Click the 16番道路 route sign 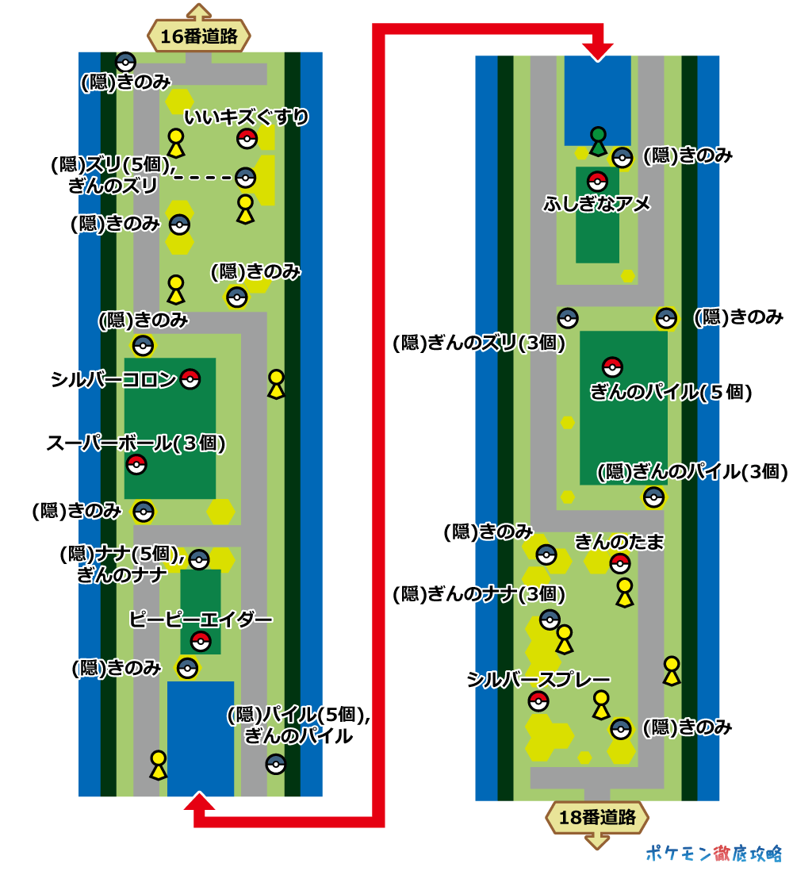point(198,36)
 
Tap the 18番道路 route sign point(597,818)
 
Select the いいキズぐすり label point(246,118)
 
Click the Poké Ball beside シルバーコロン point(190,379)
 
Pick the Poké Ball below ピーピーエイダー point(201,641)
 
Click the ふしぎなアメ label point(596,204)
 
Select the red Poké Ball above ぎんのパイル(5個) point(611,366)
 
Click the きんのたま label point(619,542)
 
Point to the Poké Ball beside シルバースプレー point(538,701)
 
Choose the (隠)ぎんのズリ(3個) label point(478,343)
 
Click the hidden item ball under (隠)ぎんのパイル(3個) point(653,497)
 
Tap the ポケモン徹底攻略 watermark point(714,853)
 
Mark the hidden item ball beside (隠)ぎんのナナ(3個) point(550,619)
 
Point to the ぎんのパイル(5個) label point(670,392)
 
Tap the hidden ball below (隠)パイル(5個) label point(275,764)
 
